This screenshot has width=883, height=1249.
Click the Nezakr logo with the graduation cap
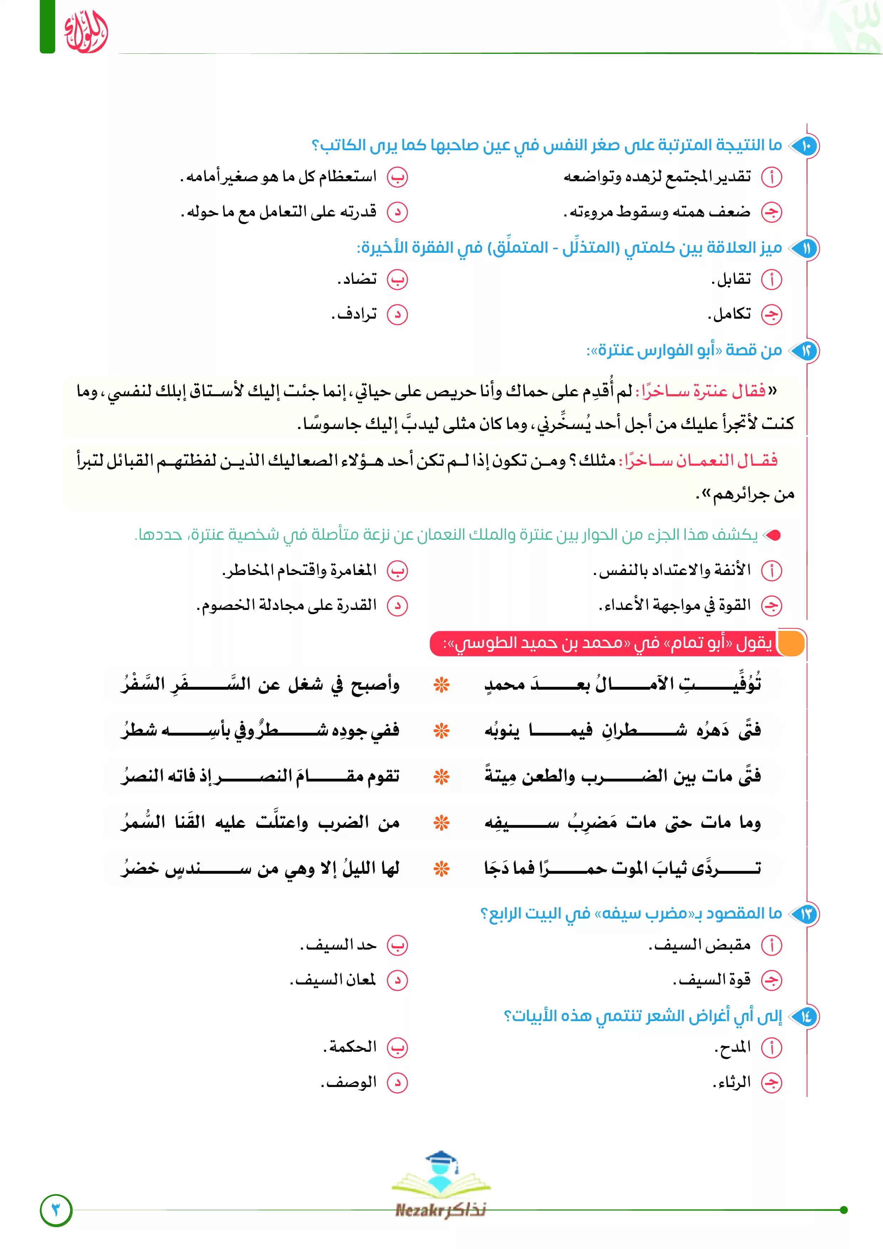point(441,1186)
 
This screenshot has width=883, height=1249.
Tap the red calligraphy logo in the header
point(85,33)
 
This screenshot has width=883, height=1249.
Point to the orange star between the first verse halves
point(441,685)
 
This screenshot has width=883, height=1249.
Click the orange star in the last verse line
point(441,869)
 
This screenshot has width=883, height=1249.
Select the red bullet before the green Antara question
point(773,535)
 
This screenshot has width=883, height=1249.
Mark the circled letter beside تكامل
point(772,314)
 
